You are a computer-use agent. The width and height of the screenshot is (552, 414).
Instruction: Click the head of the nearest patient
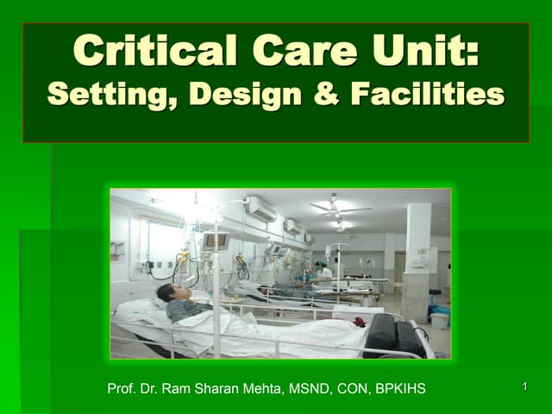click(167, 294)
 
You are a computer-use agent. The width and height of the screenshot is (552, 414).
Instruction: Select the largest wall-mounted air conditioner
click(261, 210)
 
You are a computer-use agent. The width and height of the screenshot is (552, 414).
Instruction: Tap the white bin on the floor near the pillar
click(440, 319)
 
